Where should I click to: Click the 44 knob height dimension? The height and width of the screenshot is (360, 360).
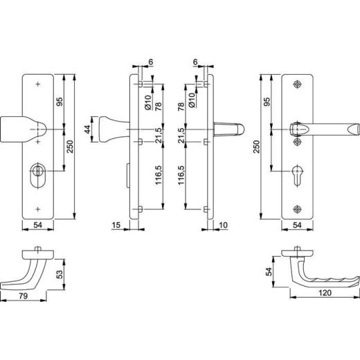[87, 129]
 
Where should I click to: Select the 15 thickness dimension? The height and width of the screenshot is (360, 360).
[116, 225]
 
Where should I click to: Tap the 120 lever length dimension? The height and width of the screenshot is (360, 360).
[325, 293]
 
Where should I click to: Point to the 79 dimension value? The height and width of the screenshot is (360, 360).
[24, 296]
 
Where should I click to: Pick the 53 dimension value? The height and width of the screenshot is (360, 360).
[60, 274]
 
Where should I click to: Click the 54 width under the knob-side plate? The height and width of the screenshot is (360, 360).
[38, 225]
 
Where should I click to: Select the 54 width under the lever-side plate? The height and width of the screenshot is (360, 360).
[297, 225]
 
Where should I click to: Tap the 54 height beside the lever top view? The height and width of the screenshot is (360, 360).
[269, 271]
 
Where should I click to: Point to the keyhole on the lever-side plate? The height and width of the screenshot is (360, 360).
[297, 175]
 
